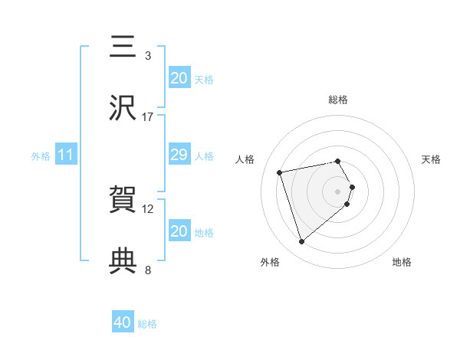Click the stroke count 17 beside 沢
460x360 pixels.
(148, 117)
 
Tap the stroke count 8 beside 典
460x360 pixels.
(148, 270)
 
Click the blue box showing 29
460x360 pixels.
(179, 155)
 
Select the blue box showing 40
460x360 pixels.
(123, 323)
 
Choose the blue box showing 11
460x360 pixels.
(66, 155)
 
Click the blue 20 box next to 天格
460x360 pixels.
(179, 78)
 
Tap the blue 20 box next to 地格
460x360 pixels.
(179, 231)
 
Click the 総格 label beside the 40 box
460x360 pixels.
(147, 324)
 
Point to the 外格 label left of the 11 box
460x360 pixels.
(41, 156)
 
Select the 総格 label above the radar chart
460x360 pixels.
(338, 100)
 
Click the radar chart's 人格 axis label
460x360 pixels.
(245, 159)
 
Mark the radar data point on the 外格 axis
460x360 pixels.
(301, 241)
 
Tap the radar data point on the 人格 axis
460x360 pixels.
(281, 172)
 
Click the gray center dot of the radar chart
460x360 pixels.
(338, 191)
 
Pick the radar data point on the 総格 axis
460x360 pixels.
(337, 162)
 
